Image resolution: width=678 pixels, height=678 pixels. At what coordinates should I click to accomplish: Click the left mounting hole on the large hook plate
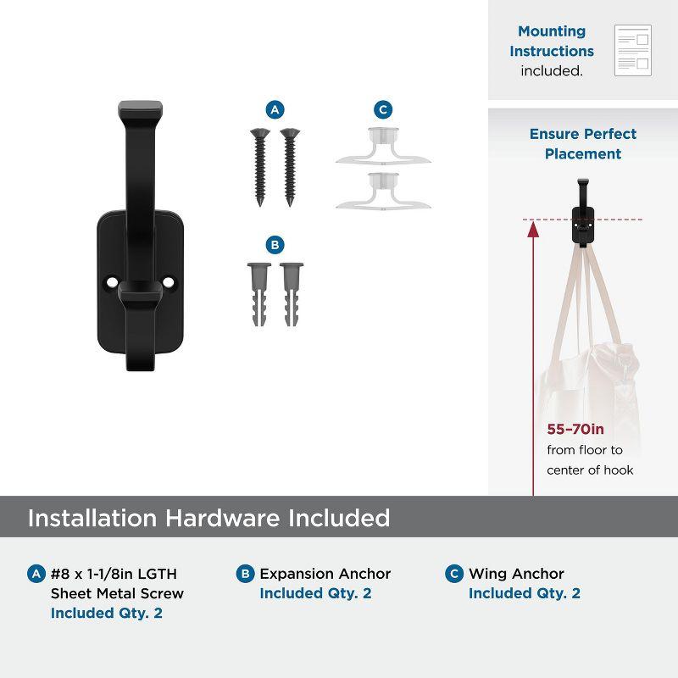point(112,282)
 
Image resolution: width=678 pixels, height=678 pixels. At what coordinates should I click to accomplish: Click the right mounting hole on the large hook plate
point(168,282)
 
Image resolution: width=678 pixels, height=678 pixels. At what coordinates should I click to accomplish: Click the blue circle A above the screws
point(275,110)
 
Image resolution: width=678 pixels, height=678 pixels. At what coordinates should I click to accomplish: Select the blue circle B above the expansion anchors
point(275,245)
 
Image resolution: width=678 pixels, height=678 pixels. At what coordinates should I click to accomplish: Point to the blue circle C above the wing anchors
point(383,110)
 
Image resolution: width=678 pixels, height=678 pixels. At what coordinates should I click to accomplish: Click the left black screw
point(260,167)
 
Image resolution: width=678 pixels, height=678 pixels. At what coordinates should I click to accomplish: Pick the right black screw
point(290,167)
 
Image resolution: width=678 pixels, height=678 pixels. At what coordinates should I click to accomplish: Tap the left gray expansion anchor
point(259,294)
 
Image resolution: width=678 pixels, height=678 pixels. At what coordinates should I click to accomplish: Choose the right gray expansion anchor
point(292,294)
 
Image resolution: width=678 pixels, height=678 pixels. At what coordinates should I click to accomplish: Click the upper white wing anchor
point(384,146)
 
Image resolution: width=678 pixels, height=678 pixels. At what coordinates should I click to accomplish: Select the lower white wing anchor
point(384,191)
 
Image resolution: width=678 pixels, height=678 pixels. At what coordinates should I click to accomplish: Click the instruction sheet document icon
point(633,51)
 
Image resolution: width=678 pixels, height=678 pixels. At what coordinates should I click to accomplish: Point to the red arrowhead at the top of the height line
point(533,230)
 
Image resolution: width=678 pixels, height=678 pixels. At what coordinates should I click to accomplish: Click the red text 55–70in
point(575,429)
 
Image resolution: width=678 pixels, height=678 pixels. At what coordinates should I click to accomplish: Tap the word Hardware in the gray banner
point(222,518)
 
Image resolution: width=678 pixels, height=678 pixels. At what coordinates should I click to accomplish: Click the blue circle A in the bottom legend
point(36,574)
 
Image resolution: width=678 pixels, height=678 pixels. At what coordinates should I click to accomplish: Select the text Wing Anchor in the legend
point(516,574)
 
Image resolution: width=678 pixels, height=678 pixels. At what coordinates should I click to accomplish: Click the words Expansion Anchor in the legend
point(325,574)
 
